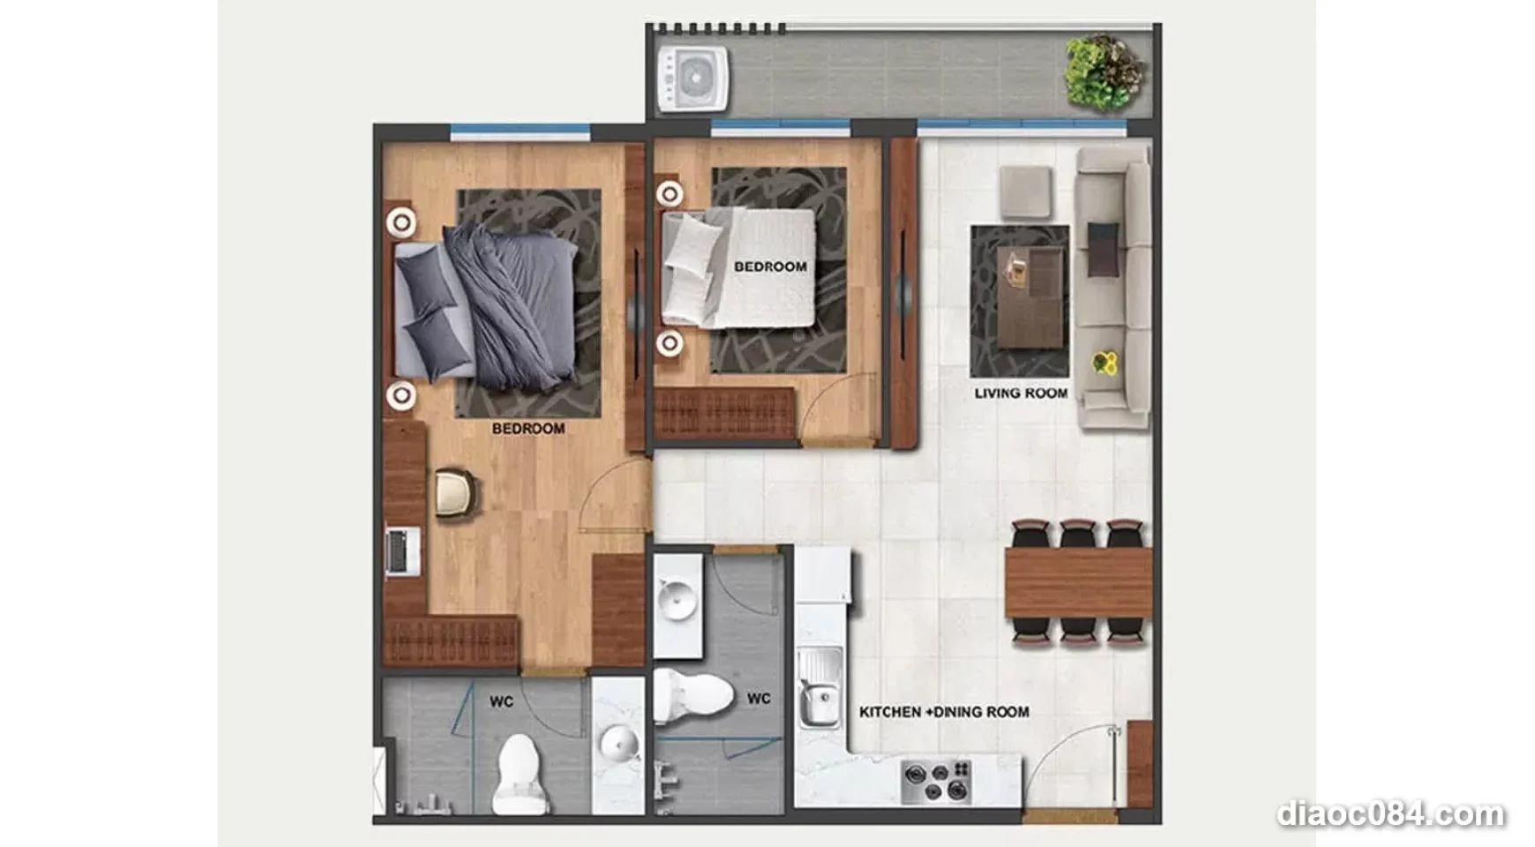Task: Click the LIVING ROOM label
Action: [1021, 394]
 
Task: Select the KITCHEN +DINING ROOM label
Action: [944, 712]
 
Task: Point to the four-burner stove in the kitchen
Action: [936, 781]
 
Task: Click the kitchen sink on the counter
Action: [819, 689]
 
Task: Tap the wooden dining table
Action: [1078, 582]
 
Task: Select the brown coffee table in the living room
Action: [1030, 287]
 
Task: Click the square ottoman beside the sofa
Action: [1025, 192]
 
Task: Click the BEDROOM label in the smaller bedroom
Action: [770, 266]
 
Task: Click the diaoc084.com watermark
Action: [1390, 813]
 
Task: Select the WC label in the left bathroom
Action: [501, 702]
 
